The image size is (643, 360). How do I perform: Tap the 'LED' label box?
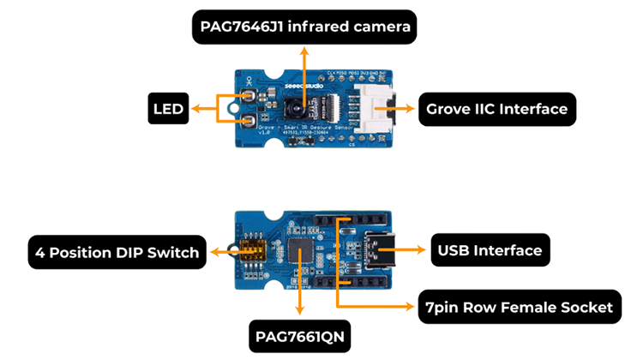click(168, 109)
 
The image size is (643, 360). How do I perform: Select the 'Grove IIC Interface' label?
click(496, 109)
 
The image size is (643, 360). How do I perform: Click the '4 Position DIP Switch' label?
click(117, 252)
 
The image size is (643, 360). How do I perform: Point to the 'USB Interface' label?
click(490, 250)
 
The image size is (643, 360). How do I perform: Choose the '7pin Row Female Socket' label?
click(519, 307)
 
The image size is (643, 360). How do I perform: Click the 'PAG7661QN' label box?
click(299, 337)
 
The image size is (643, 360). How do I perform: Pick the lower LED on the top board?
click(247, 122)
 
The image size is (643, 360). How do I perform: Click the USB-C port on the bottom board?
click(377, 251)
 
